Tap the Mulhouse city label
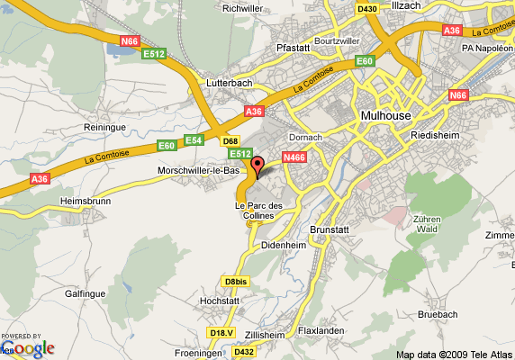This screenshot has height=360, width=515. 385,115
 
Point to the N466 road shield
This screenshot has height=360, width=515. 294,157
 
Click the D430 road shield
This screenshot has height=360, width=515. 366,9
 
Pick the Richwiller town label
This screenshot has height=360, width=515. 241,8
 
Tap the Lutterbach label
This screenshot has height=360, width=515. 229,83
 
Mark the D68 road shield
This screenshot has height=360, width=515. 230,141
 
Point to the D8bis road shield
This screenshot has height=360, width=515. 235,281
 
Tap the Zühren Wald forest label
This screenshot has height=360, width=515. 427,224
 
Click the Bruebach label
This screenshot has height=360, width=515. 438,315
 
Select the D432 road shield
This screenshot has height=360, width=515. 244,352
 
